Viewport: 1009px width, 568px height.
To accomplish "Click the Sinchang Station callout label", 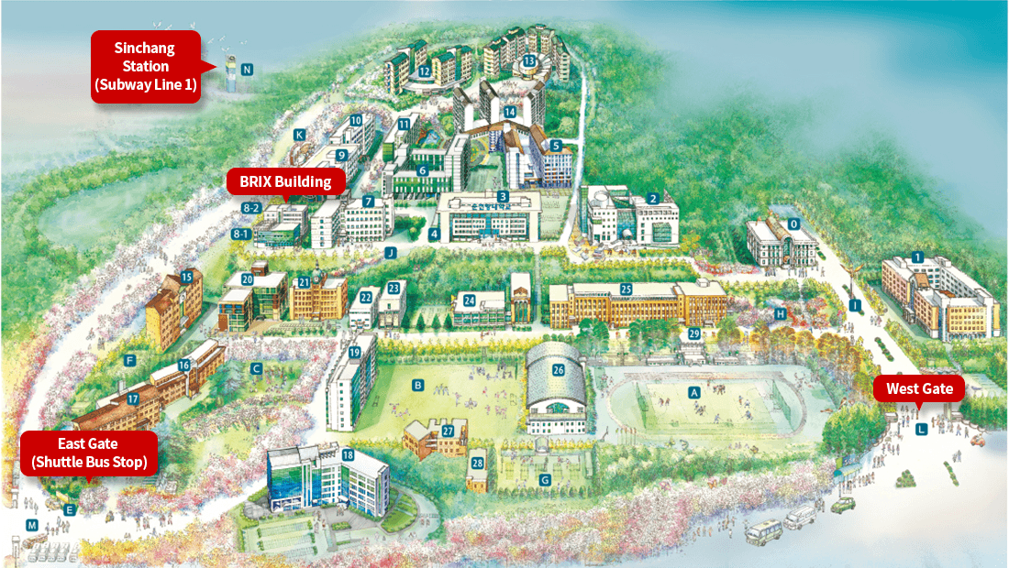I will pos(144,67).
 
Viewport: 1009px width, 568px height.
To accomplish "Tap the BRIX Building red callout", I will pos(285,181).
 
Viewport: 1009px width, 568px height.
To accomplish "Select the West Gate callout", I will pos(919,388).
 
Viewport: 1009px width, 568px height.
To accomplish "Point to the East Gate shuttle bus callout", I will pos(89,453).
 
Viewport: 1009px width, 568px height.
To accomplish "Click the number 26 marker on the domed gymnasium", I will pos(558,370).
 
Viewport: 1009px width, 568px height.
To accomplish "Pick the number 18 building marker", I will pos(348,455).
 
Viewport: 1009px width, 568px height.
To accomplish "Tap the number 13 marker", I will pos(529,61).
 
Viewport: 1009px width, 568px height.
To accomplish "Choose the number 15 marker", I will pos(186,276).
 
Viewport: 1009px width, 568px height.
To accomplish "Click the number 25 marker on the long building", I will pos(626,289).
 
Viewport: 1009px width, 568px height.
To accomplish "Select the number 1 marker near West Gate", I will pos(917,257).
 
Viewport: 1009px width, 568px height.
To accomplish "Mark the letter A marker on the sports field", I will pos(693,391).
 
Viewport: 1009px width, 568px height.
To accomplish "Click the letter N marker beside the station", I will pos(246,70).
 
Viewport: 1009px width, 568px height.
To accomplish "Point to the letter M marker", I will pos(32,525).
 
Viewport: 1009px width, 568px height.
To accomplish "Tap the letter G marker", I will pos(545,479).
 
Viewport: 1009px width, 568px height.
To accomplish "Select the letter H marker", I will pos(781,313).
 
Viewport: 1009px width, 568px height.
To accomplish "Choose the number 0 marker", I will pos(794,223).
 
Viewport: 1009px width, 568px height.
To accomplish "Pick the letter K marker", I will pos(299,135).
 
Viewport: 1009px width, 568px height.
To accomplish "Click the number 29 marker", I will pos(693,333).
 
